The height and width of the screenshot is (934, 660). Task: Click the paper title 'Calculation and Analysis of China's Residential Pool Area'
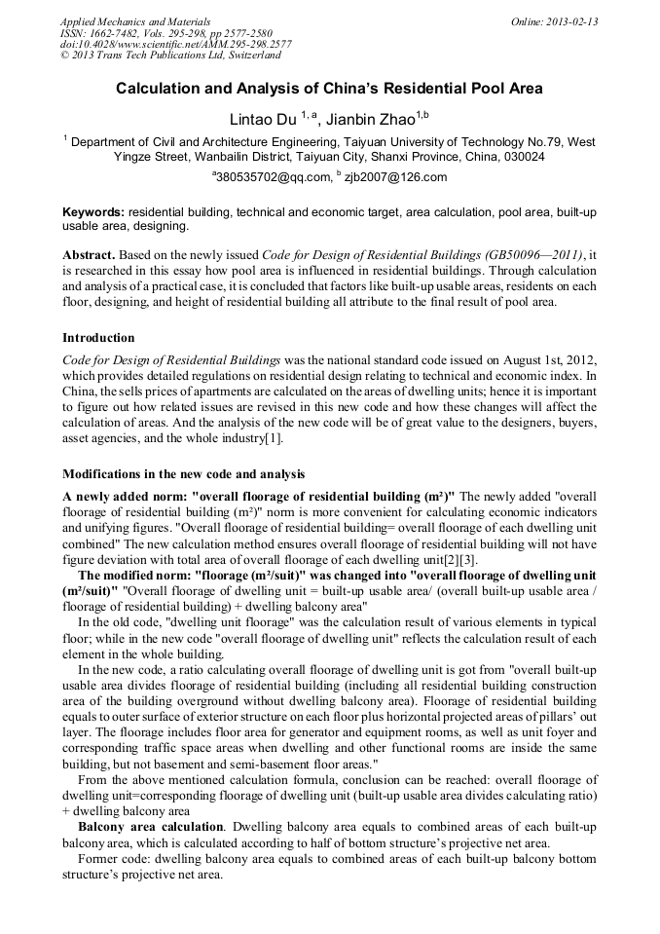pyautogui.click(x=329, y=89)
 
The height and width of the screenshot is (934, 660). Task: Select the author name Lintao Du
pyautogui.click(x=264, y=120)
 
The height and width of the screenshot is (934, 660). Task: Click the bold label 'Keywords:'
pyautogui.click(x=92, y=211)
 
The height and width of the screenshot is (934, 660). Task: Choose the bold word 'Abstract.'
pyautogui.click(x=90, y=253)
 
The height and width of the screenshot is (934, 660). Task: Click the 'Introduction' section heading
pyautogui.click(x=98, y=338)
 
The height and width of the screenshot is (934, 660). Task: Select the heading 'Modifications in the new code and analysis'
pyautogui.click(x=183, y=474)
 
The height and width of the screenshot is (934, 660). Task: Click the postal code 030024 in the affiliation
pyautogui.click(x=524, y=156)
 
